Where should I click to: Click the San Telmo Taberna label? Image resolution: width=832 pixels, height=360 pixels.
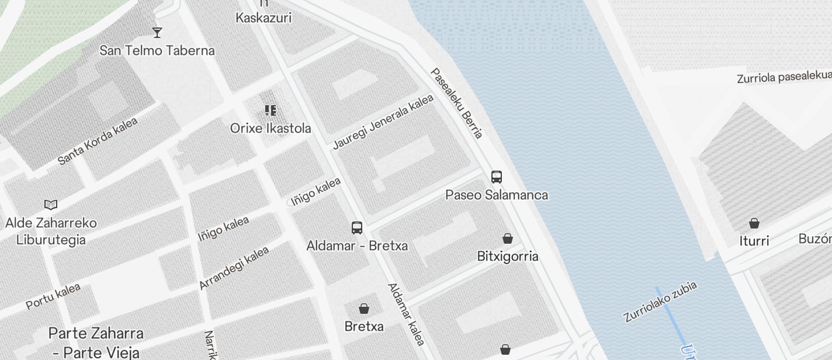[x=157, y=50]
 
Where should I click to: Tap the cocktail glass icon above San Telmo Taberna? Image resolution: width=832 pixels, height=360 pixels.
[x=157, y=32]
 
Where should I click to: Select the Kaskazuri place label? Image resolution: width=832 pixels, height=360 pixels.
[x=263, y=18]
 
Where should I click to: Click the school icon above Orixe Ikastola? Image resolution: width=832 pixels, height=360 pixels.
[x=270, y=110]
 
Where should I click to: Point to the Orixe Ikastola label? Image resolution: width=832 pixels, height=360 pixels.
[x=271, y=128]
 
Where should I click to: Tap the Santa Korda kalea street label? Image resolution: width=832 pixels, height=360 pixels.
[x=98, y=141]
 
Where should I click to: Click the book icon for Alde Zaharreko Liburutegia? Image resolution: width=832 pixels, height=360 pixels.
[x=51, y=205]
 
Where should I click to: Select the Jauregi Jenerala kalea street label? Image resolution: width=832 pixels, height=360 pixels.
[x=383, y=122]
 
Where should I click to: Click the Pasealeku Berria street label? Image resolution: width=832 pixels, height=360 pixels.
[x=457, y=103]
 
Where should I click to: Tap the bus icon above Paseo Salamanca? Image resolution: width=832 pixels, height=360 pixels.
[x=497, y=176]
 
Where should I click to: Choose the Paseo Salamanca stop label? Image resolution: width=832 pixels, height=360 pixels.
[x=497, y=195]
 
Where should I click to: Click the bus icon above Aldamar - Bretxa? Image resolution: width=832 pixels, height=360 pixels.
[x=357, y=227]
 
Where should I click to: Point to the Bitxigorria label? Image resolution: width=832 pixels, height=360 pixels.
[x=508, y=256]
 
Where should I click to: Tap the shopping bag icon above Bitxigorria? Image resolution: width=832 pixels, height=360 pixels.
[x=508, y=238]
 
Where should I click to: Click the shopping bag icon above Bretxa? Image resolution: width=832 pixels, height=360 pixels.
[x=364, y=308]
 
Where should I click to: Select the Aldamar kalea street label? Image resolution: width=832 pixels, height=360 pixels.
[x=406, y=314]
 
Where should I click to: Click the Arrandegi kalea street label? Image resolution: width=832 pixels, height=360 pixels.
[x=234, y=268]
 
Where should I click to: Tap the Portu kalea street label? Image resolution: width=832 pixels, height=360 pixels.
[x=53, y=296]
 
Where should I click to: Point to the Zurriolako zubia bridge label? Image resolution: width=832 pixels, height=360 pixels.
[x=660, y=302]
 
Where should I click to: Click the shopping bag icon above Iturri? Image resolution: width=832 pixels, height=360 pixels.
[x=754, y=223]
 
